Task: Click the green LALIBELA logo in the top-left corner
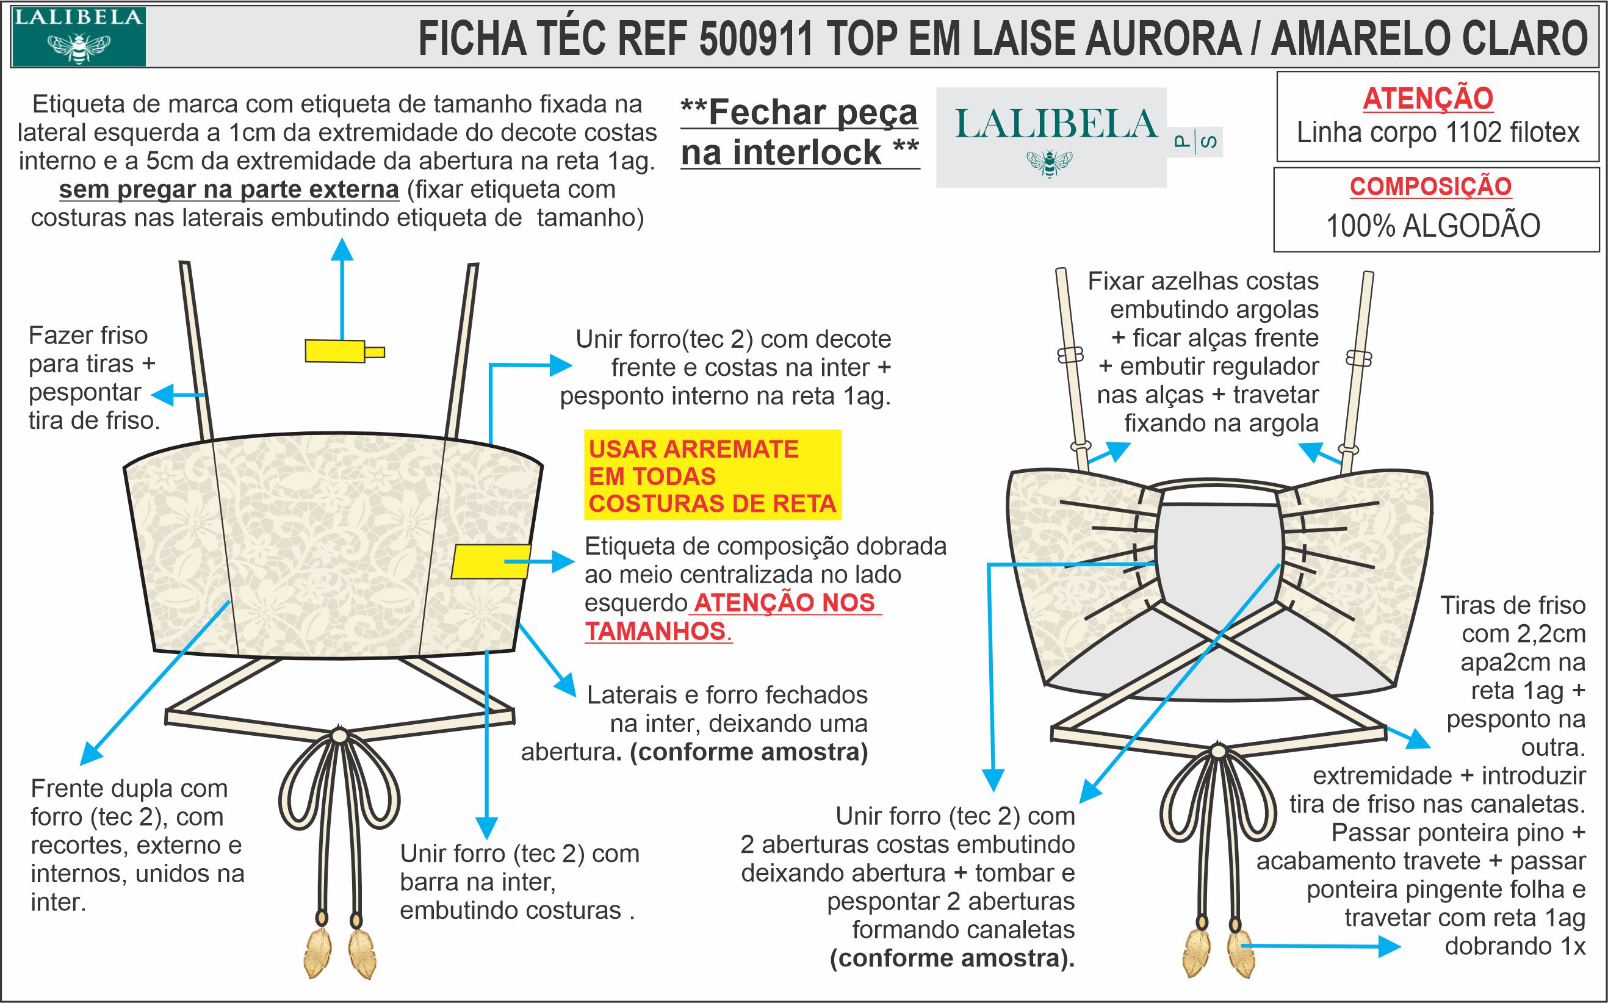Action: point(78,36)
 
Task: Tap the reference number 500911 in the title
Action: point(755,38)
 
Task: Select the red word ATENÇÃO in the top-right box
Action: point(1427,99)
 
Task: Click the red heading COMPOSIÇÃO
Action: point(1430,187)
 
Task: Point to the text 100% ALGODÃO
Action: point(1433,226)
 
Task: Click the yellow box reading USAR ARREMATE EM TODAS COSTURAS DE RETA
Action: point(712,476)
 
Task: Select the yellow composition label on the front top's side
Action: point(490,561)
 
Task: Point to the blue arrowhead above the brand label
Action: point(342,249)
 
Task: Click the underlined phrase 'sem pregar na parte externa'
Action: point(229,190)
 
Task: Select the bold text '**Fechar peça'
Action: point(799,112)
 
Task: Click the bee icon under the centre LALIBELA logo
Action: point(1049,163)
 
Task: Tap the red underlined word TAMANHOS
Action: point(656,631)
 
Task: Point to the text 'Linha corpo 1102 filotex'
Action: point(1438,132)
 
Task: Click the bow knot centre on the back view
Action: point(1218,751)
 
